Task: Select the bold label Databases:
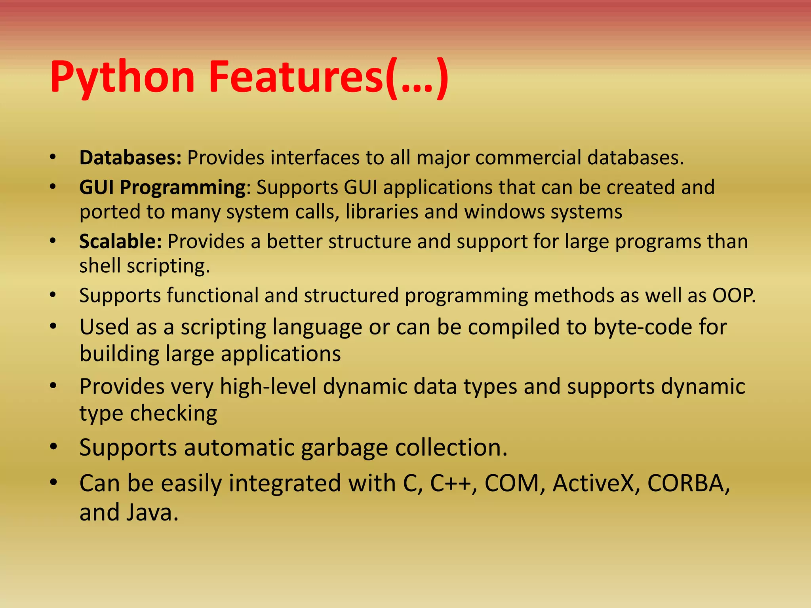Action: click(x=130, y=158)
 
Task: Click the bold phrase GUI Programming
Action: click(x=162, y=187)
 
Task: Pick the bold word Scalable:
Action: click(x=120, y=241)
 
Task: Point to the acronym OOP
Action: click(x=733, y=295)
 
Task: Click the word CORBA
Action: click(x=688, y=483)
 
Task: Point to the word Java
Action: click(x=152, y=512)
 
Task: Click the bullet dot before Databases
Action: click(x=53, y=158)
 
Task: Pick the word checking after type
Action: click(x=174, y=413)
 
